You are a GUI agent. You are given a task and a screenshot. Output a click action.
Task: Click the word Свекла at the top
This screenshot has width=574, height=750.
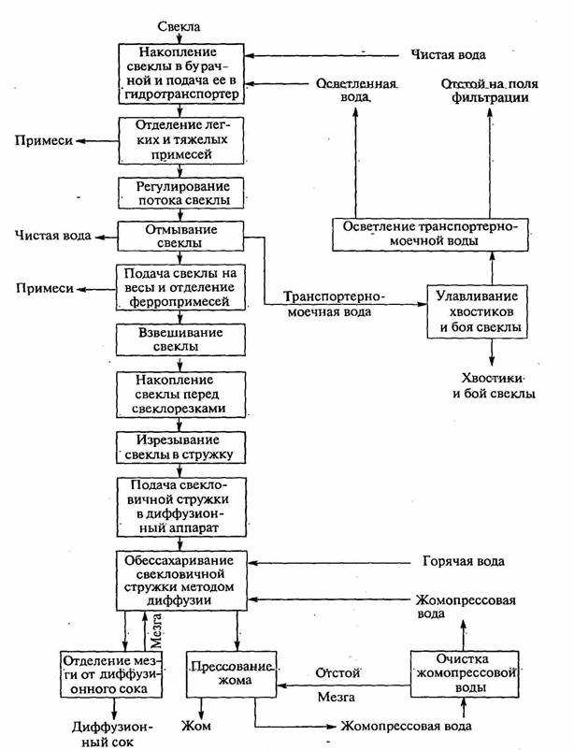[179, 27]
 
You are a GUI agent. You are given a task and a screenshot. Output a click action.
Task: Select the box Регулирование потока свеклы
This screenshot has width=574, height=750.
[179, 193]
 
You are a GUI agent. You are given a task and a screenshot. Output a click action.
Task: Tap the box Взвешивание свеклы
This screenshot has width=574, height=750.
[178, 339]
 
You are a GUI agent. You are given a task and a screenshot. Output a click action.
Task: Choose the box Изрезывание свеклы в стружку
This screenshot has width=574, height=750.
[179, 447]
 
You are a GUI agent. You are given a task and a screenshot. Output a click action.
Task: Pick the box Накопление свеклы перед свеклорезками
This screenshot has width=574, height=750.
[179, 394]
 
